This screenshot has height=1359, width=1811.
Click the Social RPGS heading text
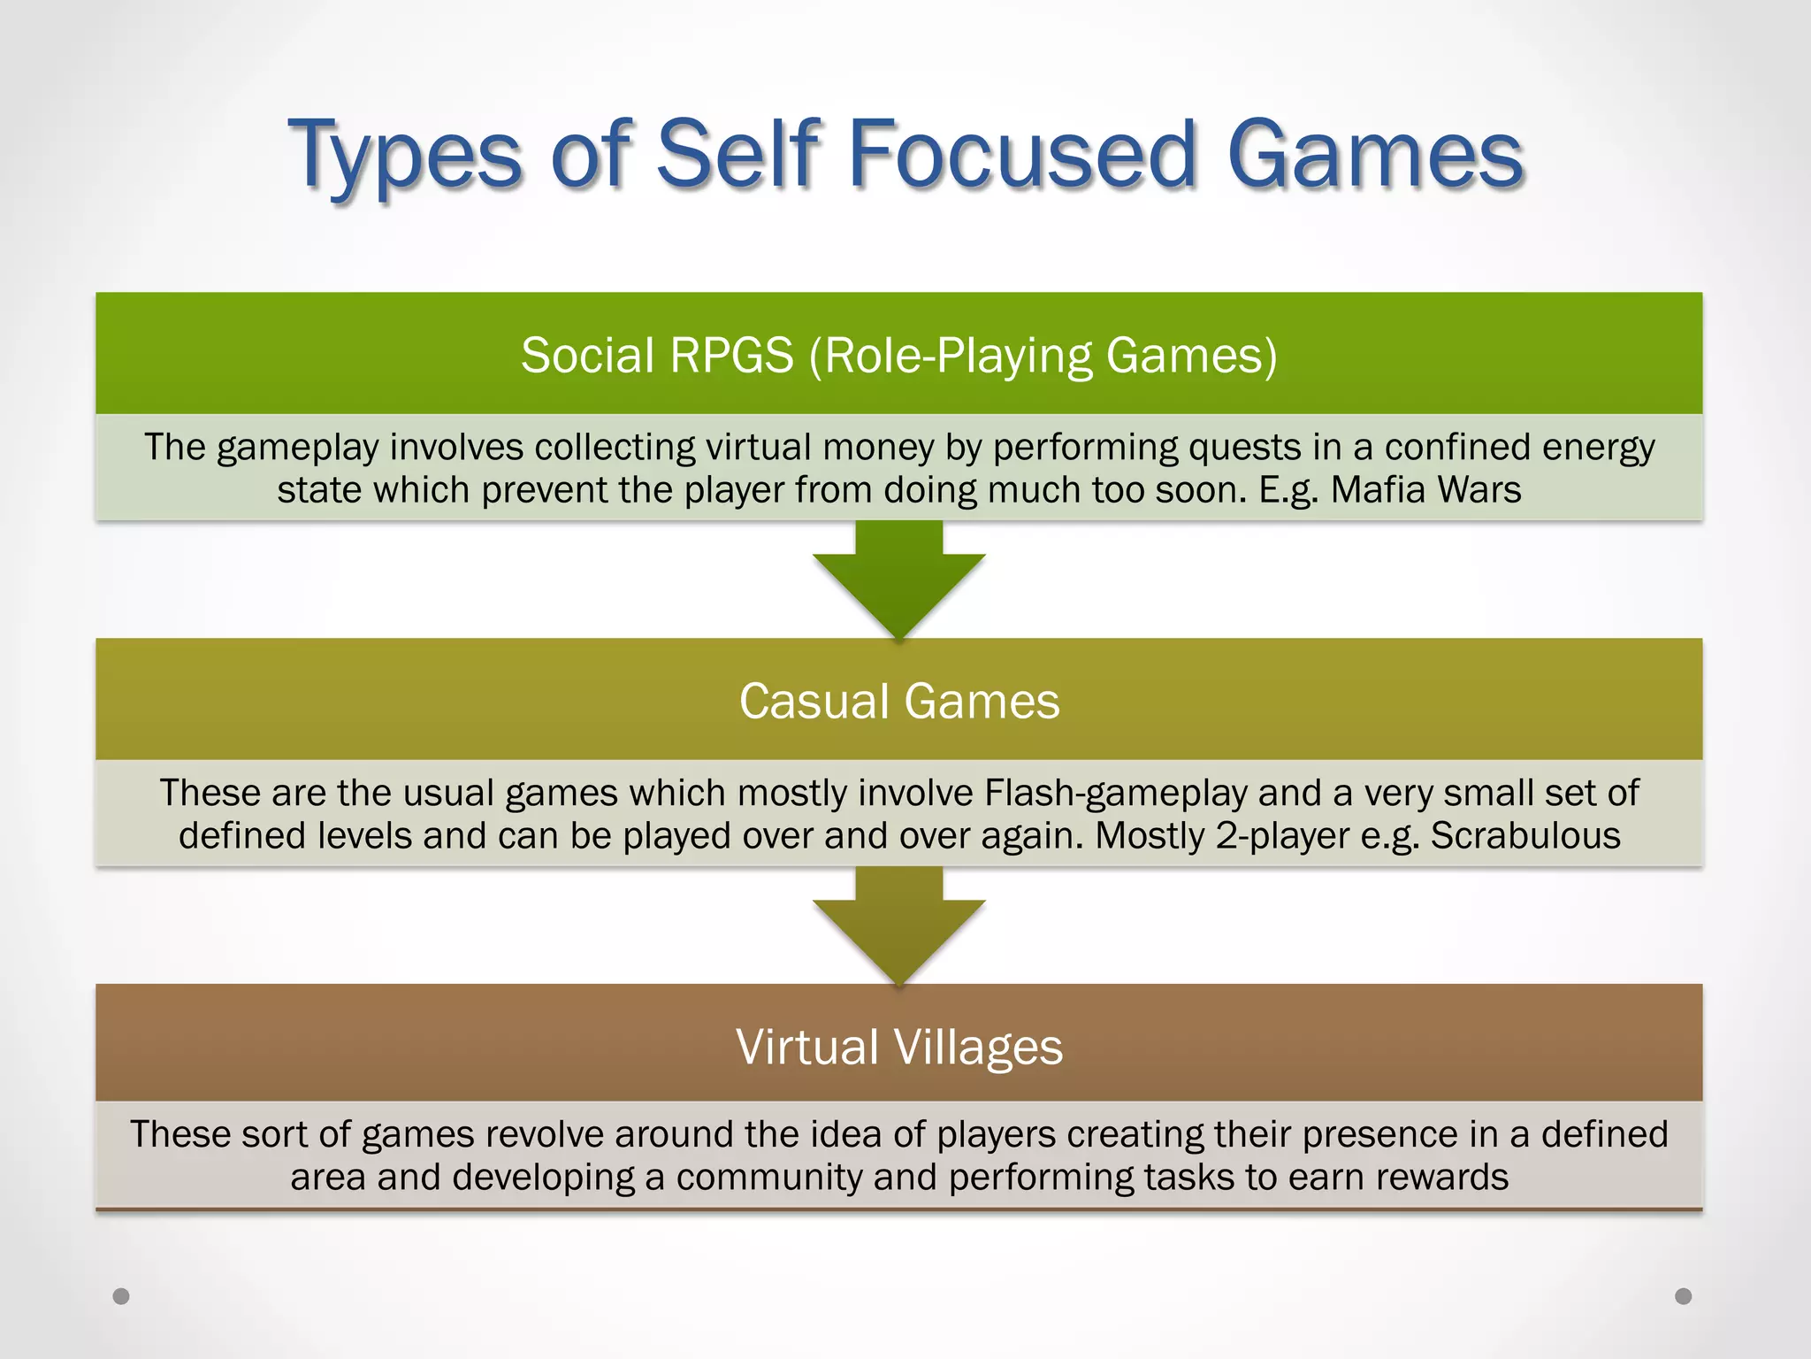pyautogui.click(x=898, y=355)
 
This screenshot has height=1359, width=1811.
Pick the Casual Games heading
pyautogui.click(x=898, y=701)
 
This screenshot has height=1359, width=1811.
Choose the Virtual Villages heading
pyautogui.click(x=898, y=1047)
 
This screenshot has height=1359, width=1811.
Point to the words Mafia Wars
pyautogui.click(x=1425, y=489)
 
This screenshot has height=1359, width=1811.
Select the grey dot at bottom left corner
pyautogui.click(x=122, y=1296)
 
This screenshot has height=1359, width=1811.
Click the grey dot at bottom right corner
pyautogui.click(x=1684, y=1296)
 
